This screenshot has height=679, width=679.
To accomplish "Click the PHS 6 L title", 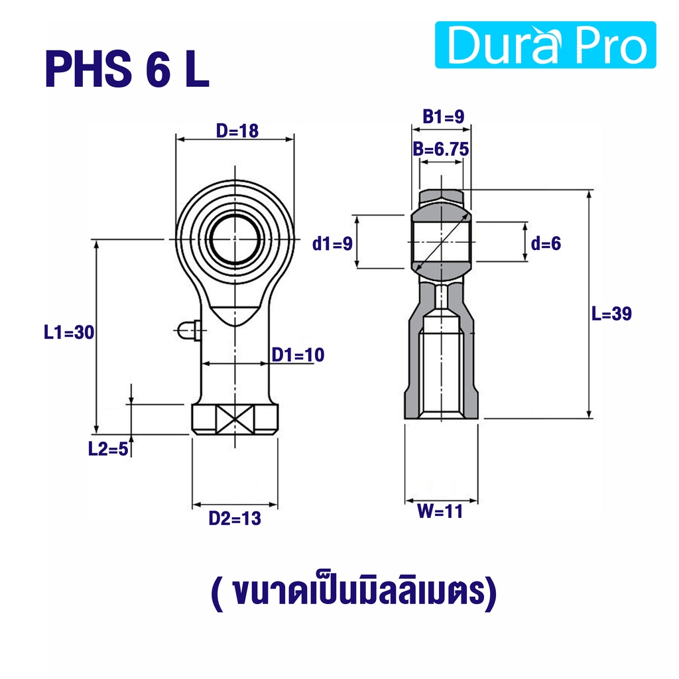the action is tap(127, 69).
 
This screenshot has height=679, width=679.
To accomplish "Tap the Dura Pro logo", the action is tap(545, 45).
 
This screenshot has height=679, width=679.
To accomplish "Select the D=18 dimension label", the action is tap(237, 131).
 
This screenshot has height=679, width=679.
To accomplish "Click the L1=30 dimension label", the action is tap(69, 332).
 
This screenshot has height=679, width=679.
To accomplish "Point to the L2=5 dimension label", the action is tap(108, 449).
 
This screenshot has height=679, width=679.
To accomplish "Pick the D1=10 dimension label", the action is tap(298, 355).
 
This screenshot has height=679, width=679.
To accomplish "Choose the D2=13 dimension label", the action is tap(235, 519).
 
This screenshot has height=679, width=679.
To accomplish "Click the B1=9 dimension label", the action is tap(444, 117).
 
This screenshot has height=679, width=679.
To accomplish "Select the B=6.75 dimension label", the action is tap(441, 149).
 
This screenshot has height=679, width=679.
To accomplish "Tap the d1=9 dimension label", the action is tap(333, 244).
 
